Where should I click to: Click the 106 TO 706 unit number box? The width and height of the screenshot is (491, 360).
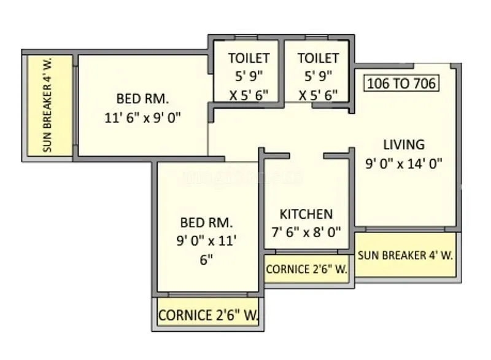point(402,83)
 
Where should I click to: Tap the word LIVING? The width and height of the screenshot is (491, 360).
point(403,145)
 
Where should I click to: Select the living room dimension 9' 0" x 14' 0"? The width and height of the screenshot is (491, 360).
point(403,163)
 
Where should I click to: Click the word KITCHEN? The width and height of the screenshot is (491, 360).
point(306,214)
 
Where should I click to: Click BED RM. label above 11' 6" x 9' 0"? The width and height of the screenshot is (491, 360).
point(143,99)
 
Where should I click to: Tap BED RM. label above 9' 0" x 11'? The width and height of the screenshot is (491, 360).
point(206,222)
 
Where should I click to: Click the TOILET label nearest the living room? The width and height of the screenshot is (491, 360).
point(318,58)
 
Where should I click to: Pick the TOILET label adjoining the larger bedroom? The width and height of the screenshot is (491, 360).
point(249,58)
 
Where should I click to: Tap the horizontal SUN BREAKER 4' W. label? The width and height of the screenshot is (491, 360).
point(405,255)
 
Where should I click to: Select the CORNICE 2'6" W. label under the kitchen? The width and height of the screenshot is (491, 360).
point(306,269)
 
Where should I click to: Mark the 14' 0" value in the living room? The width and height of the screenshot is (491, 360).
point(425,163)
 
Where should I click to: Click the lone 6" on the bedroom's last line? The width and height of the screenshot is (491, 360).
point(206,259)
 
